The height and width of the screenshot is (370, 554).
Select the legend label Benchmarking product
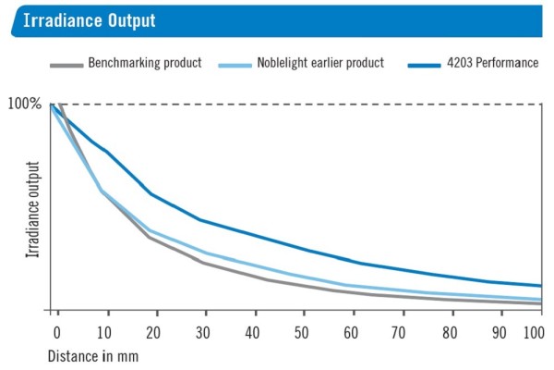pos(144,64)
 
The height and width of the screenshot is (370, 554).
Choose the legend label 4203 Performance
pos(492,64)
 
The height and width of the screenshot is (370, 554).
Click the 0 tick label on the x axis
pos(56,331)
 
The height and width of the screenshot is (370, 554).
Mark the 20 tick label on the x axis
pos(153,331)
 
